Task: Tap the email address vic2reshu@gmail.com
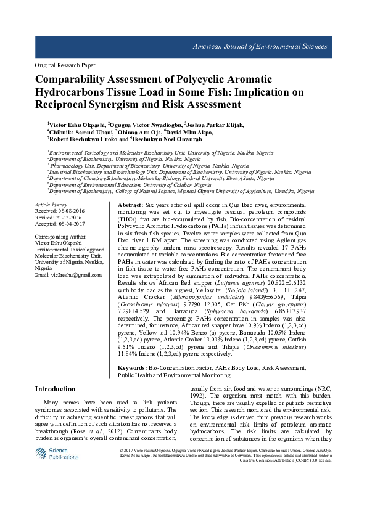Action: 68,274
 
